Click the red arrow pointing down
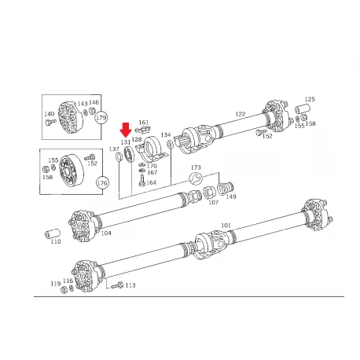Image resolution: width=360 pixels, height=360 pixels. [x=126, y=130]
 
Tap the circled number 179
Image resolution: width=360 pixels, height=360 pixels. [x=101, y=118]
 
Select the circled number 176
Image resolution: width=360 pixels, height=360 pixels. [x=102, y=182]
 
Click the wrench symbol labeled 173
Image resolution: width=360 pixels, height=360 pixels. [x=196, y=179]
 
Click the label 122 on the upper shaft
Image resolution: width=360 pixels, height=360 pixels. [x=241, y=114]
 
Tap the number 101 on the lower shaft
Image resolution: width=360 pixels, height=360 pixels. [x=226, y=226]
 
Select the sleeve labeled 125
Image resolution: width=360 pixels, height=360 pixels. [x=303, y=108]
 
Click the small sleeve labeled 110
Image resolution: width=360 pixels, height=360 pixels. [x=53, y=233]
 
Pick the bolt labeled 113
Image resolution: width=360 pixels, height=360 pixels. [x=117, y=285]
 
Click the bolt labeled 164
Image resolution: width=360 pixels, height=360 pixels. [x=141, y=181]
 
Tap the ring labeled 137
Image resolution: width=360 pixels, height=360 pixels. [x=119, y=156]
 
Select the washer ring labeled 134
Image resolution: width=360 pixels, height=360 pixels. [x=170, y=145]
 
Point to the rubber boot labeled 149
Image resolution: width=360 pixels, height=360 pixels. [x=225, y=189]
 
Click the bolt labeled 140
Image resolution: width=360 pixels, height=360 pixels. [x=51, y=122]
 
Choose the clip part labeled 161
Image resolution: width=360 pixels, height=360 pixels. [x=143, y=129]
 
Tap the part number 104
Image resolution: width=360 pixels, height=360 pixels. [x=106, y=233]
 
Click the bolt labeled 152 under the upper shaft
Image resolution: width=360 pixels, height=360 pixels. [x=261, y=131]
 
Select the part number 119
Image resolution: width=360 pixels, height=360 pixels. [x=56, y=284]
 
